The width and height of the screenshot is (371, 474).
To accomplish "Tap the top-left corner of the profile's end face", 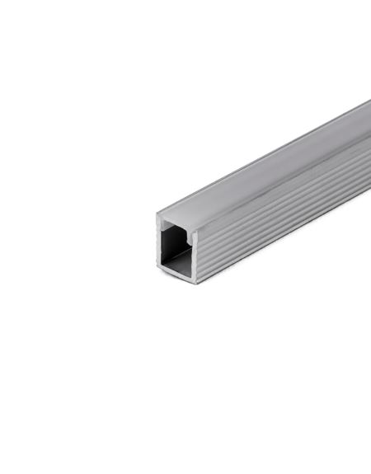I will [x=157, y=214].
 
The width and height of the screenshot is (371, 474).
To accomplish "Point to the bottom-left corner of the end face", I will [x=159, y=268].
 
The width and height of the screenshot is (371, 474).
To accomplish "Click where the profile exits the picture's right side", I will [x=368, y=148].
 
